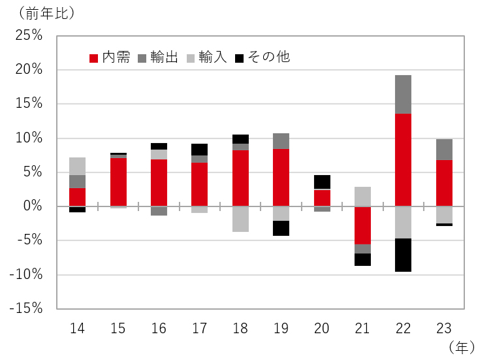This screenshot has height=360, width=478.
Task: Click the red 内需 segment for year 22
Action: (403, 159)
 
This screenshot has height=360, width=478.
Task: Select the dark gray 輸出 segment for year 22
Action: (403, 94)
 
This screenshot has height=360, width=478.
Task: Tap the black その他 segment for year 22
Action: (403, 255)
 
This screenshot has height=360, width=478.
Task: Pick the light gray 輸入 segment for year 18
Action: (240, 219)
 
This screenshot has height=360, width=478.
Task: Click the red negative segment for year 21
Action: (362, 225)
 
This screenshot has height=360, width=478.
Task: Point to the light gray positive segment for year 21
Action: (362, 196)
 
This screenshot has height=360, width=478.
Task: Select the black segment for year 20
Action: (322, 182)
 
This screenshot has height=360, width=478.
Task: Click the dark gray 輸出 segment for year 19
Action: (281, 141)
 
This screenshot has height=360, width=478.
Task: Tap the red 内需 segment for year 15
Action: (118, 182)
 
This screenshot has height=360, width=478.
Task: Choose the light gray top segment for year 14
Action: (78, 166)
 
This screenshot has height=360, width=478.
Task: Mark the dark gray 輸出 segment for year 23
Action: (444, 150)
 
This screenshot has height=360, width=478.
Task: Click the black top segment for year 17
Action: (200, 150)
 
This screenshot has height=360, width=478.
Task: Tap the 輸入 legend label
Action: (212, 57)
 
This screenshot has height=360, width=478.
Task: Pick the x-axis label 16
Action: (159, 328)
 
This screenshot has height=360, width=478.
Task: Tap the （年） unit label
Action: (462, 348)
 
